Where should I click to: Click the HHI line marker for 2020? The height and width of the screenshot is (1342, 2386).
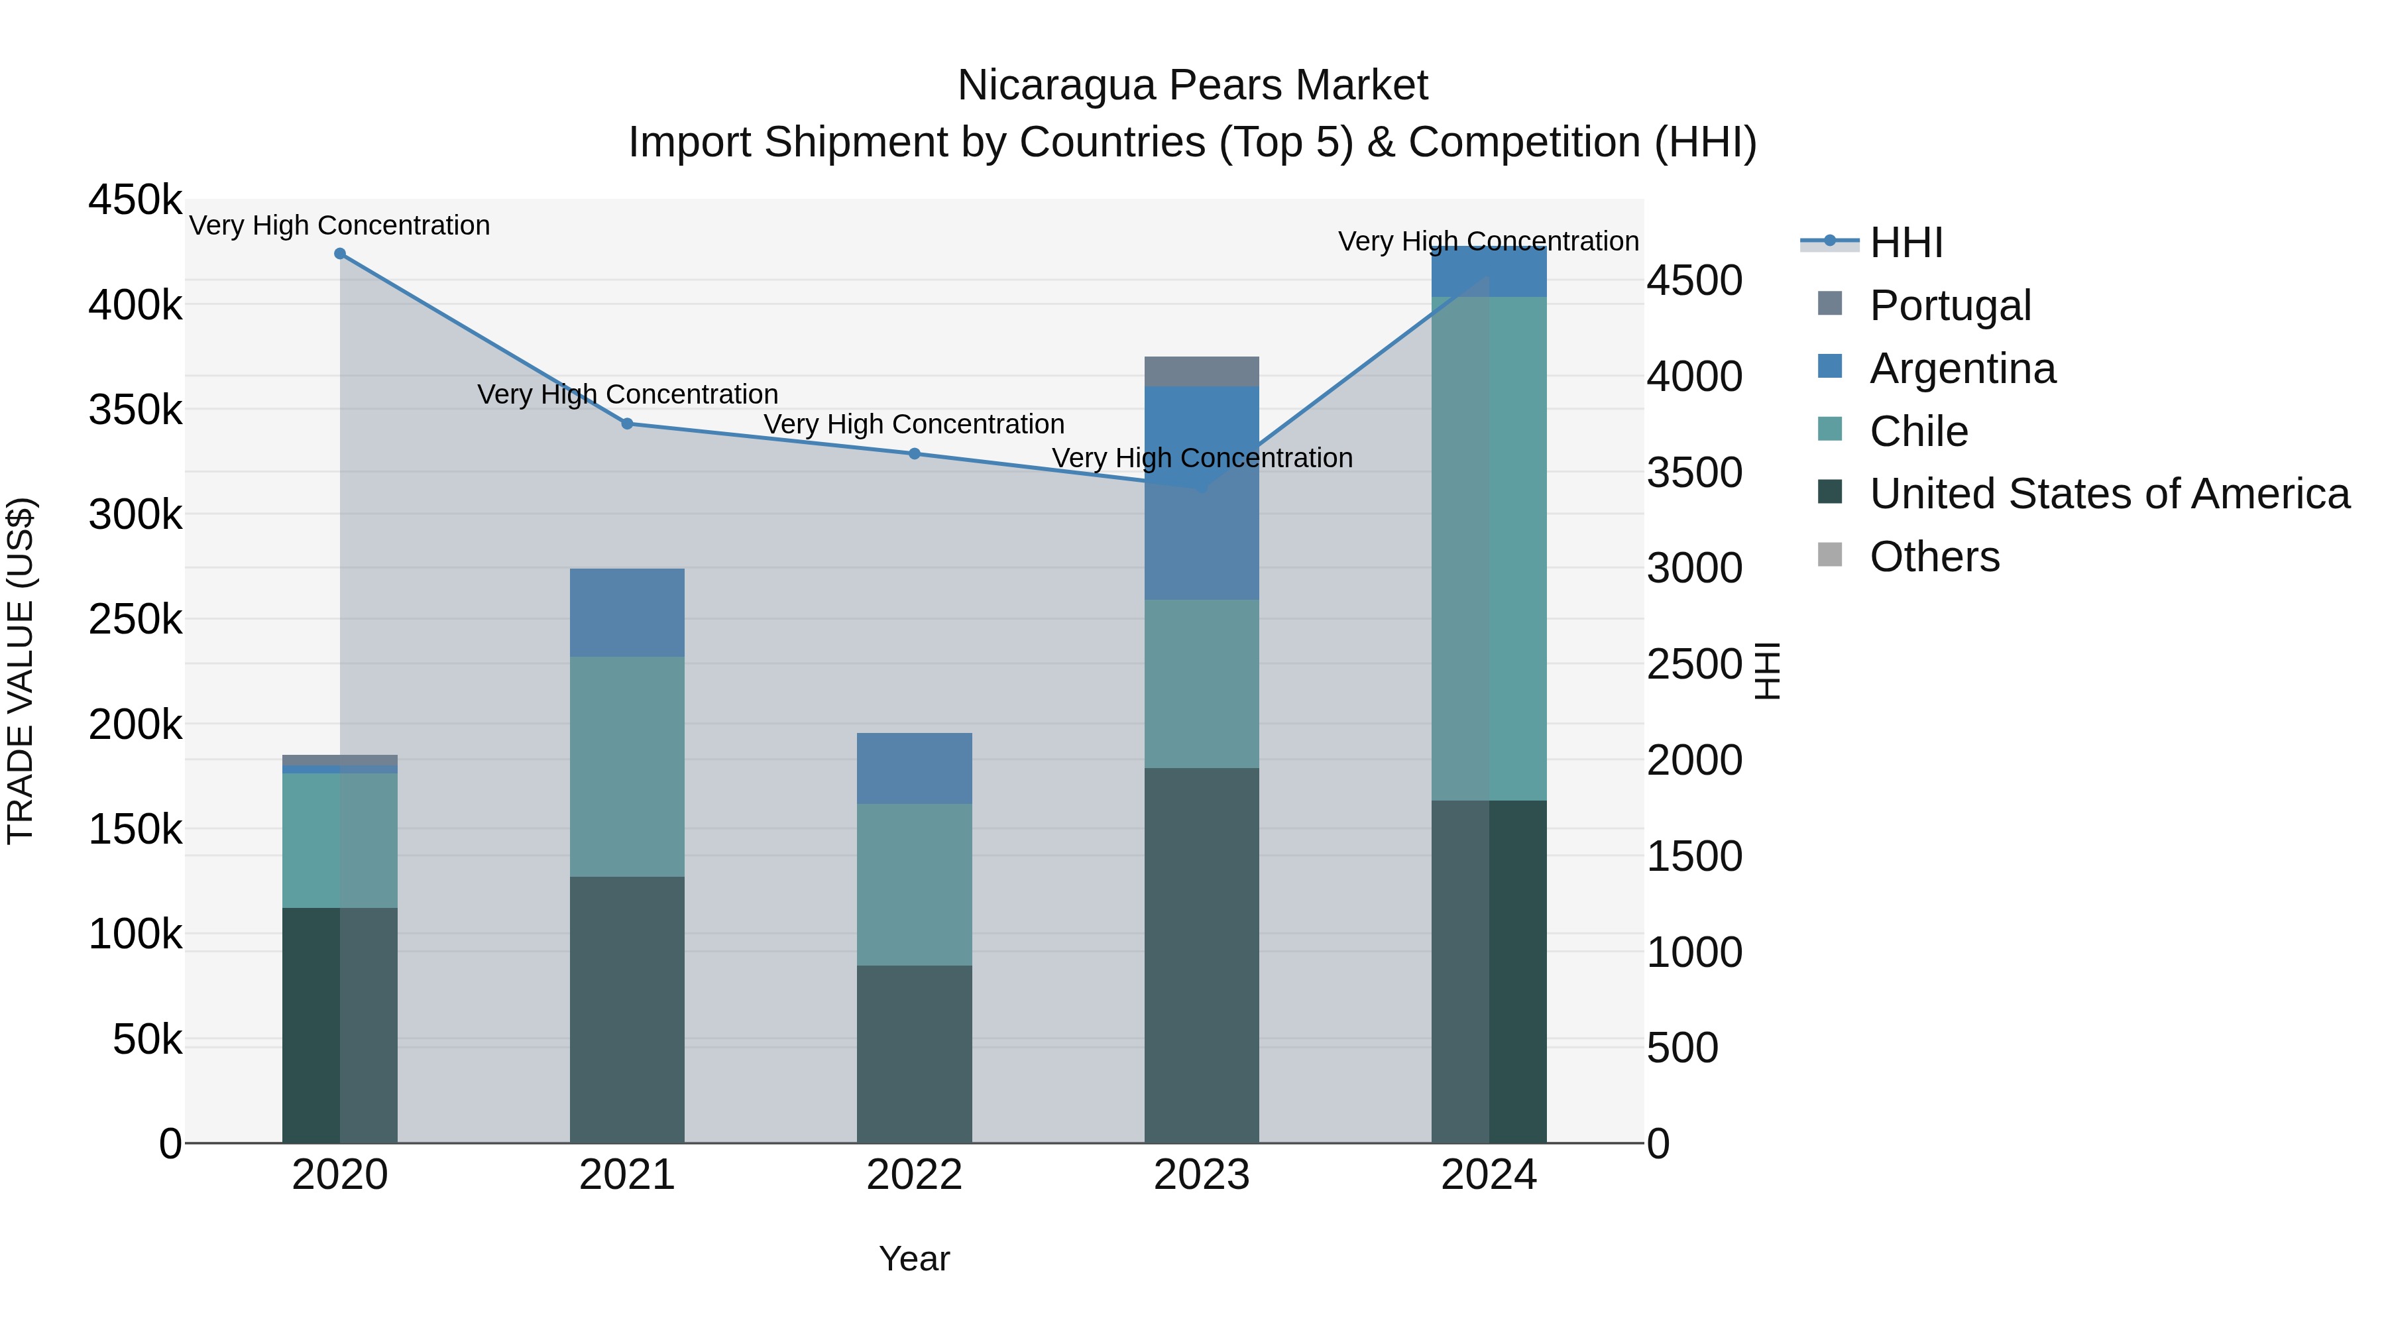[x=340, y=254]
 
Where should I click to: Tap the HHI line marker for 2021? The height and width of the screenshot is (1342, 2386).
[x=627, y=424]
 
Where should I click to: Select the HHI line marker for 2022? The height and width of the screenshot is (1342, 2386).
[x=914, y=454]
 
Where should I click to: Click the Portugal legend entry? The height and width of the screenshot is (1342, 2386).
[x=1950, y=306]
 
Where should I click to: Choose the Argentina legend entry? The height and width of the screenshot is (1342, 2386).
[x=1962, y=368]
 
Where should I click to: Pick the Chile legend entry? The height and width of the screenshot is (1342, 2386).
[x=1918, y=431]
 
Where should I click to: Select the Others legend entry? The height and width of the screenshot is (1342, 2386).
[x=1934, y=557]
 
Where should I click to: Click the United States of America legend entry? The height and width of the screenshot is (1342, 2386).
[x=2109, y=494]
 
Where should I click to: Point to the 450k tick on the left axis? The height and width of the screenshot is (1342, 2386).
[x=135, y=200]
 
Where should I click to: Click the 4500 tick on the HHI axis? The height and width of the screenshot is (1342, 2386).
[x=1694, y=280]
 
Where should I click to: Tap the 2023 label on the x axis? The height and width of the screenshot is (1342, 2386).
[x=1202, y=1175]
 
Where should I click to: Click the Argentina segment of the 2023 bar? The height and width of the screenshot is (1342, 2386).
[x=1202, y=492]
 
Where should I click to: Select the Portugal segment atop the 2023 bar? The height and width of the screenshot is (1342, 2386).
[x=1202, y=371]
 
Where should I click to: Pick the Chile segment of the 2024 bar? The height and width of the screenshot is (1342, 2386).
[x=1489, y=548]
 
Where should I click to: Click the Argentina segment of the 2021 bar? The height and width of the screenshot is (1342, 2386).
[x=627, y=612]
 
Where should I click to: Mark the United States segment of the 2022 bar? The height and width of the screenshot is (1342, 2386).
[x=914, y=1054]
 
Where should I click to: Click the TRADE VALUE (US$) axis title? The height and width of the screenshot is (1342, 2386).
[x=21, y=671]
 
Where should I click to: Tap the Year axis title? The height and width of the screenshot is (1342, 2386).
[x=914, y=1258]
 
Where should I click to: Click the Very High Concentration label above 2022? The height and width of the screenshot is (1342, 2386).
[x=914, y=424]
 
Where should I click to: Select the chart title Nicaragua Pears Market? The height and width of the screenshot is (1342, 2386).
[x=1192, y=85]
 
